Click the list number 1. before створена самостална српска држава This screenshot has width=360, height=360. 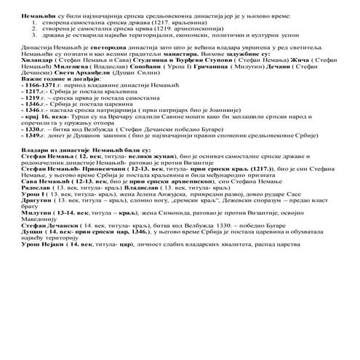[x=36, y=23]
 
